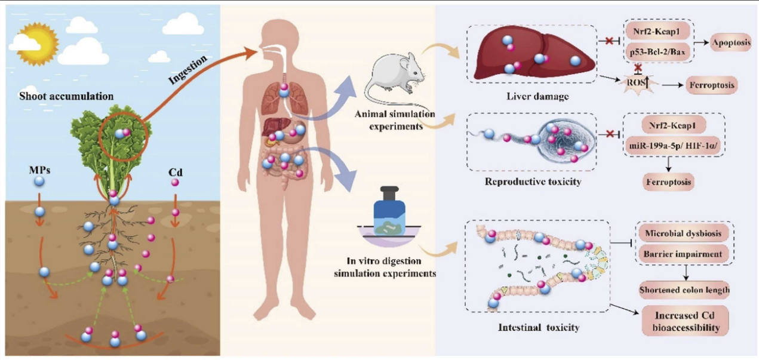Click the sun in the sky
point(37,44)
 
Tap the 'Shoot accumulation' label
point(66,96)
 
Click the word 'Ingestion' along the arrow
point(188,69)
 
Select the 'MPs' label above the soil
point(39,170)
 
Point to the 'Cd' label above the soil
point(175,173)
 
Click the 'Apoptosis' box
point(731,42)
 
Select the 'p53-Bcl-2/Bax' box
point(657,52)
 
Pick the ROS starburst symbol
point(638,82)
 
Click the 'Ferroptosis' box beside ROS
point(712,85)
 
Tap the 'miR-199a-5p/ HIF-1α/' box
point(672,146)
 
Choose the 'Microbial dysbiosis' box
point(683,233)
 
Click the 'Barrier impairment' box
point(683,254)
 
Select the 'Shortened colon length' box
point(684,290)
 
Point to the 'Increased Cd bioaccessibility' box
point(686,321)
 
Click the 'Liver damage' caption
point(537,97)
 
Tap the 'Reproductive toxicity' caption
point(533,182)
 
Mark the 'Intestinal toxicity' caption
point(539,328)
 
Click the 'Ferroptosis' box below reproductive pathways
point(668,182)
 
